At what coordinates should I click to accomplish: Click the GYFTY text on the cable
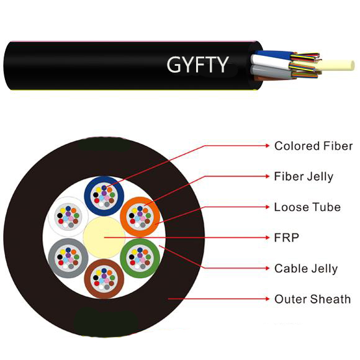click(197, 63)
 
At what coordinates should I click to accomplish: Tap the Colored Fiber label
click(313, 146)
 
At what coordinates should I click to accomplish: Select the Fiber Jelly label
click(303, 176)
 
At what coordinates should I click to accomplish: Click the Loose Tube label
click(307, 207)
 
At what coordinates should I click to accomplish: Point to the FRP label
click(286, 237)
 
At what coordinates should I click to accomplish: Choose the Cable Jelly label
click(305, 268)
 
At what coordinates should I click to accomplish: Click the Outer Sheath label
click(312, 299)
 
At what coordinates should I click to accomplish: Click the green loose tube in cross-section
click(140, 256)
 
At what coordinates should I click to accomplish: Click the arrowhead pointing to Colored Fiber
click(267, 146)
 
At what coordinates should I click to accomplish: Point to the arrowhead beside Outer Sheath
click(267, 299)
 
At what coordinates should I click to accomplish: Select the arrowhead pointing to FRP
click(267, 237)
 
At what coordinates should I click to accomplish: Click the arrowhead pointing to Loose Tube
click(267, 207)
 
